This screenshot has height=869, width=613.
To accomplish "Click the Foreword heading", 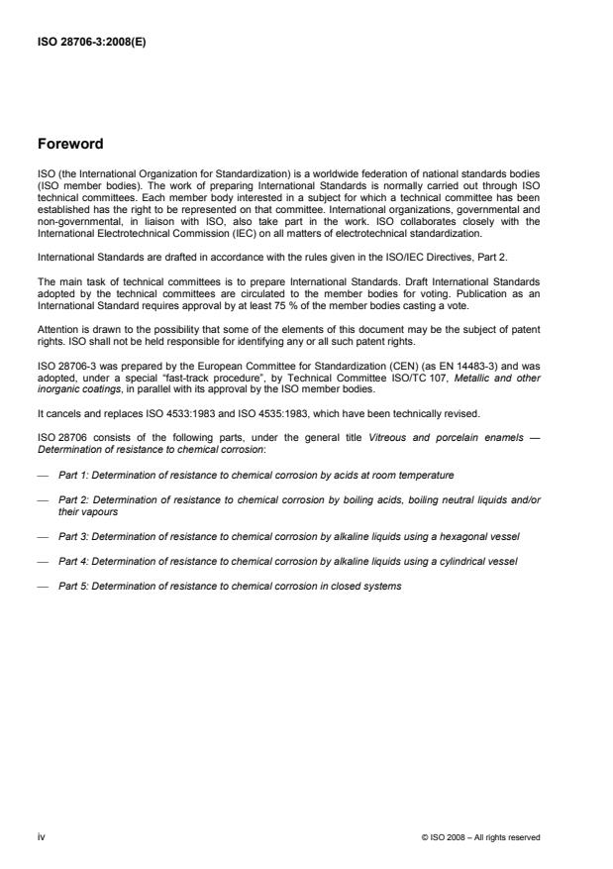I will (x=69, y=144).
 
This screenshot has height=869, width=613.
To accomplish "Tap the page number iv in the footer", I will (x=41, y=837).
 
